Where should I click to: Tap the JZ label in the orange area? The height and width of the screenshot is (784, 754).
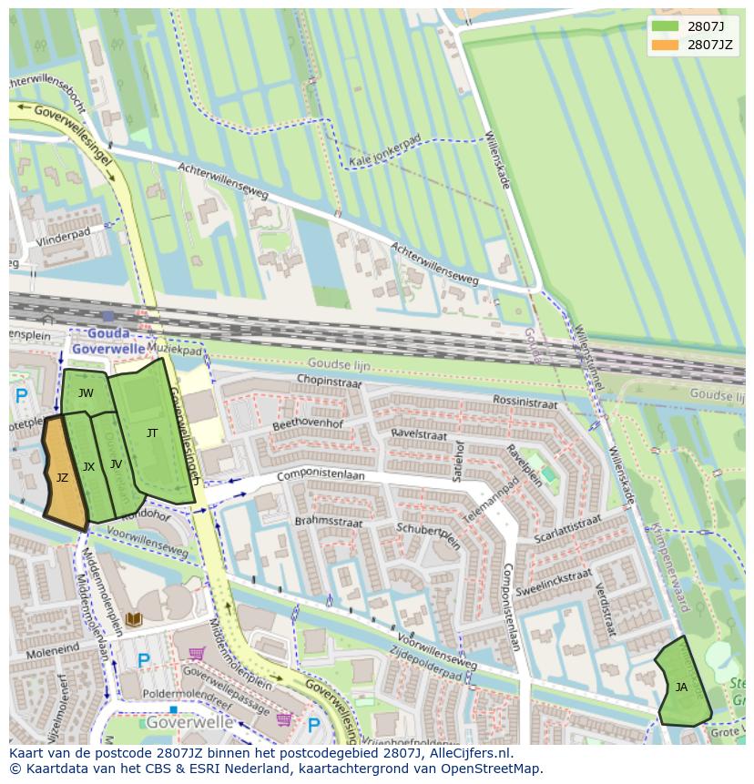pos(62,477)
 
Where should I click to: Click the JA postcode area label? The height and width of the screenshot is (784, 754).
pos(681,687)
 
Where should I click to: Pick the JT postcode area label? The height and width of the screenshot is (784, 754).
pos(152,433)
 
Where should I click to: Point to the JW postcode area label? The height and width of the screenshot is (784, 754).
pos(86,393)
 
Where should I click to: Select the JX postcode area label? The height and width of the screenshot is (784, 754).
pos(88,466)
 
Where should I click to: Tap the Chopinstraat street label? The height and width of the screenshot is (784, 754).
pos(330,381)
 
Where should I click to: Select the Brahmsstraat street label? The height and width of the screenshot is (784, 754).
pos(329,521)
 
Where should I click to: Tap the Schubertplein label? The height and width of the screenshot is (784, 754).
pos(429,535)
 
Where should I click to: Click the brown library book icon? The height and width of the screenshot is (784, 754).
pos(134,619)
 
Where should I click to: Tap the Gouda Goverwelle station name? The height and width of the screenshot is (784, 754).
pos(108,341)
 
